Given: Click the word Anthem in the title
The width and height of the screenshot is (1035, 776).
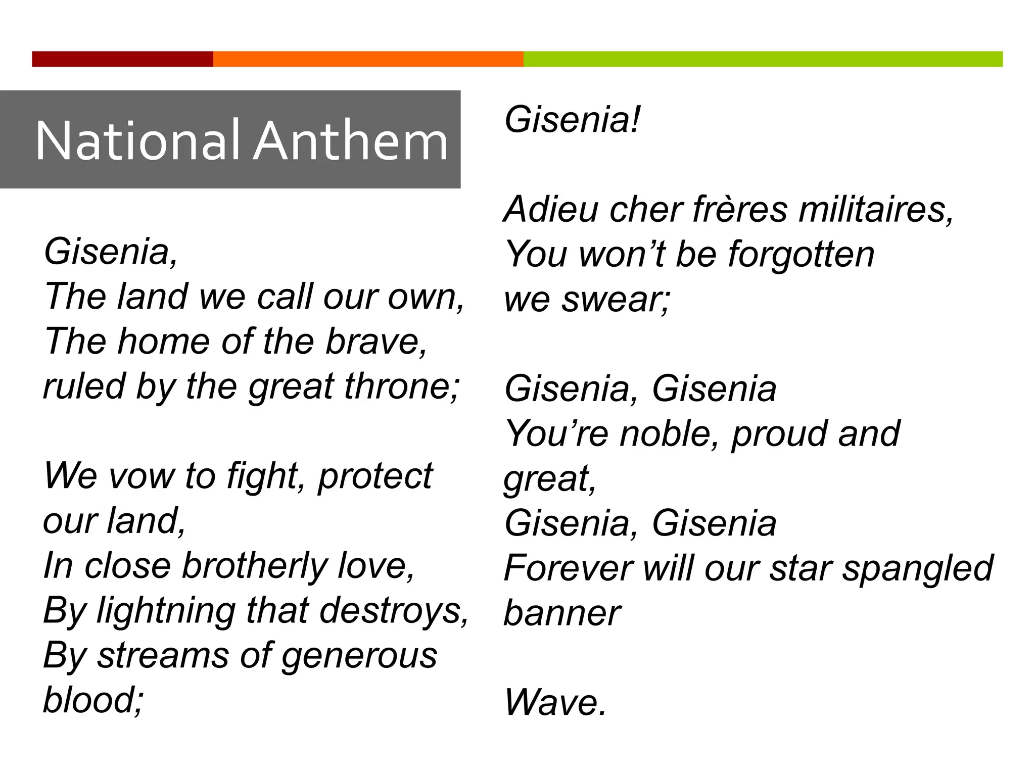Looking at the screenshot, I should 351,141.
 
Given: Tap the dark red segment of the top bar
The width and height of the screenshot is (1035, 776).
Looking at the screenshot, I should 122,59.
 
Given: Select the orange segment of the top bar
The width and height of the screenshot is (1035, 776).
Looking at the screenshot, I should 368,59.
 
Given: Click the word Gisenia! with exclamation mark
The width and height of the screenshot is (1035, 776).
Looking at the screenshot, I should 572,120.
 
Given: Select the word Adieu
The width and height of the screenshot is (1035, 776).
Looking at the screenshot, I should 551,209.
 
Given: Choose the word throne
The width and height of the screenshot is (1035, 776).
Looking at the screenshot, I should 402,386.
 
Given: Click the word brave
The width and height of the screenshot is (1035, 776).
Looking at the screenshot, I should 376,342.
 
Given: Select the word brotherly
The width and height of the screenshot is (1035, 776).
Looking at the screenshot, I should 255,566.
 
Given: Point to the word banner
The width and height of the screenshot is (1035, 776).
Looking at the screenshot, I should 562,613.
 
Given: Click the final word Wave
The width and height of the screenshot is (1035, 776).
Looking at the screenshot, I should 554,703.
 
